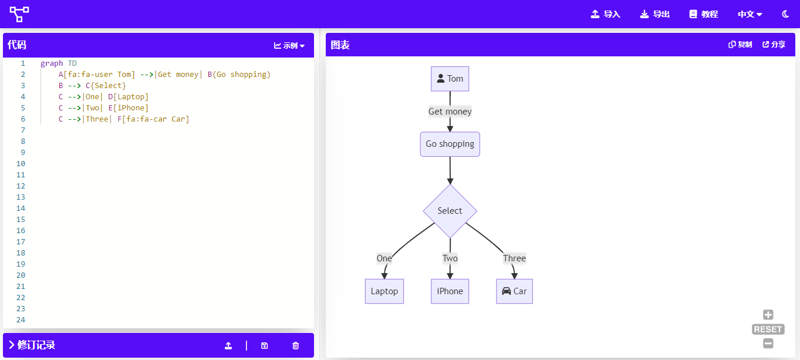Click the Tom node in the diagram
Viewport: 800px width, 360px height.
(450, 79)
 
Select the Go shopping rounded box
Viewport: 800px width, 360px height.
(450, 144)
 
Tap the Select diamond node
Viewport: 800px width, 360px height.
(450, 211)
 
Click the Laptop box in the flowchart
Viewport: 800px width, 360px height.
(384, 291)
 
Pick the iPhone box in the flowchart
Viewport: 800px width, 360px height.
(450, 291)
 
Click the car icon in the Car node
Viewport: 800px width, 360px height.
(506, 291)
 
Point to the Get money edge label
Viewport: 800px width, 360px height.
(450, 112)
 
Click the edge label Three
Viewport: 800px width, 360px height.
(514, 258)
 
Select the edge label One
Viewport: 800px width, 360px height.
(384, 258)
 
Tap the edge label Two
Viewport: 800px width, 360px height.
(450, 258)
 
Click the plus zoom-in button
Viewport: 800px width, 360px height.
(768, 315)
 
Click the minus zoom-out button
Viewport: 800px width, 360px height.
(768, 343)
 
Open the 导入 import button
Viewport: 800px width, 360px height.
(605, 14)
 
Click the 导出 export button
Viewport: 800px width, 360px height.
(654, 14)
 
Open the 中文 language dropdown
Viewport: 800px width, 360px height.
(750, 14)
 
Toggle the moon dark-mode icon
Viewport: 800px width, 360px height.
(785, 14)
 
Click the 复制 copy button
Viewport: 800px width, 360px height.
(740, 45)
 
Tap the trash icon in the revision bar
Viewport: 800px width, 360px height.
(295, 346)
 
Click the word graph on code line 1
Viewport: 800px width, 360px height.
(52, 63)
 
